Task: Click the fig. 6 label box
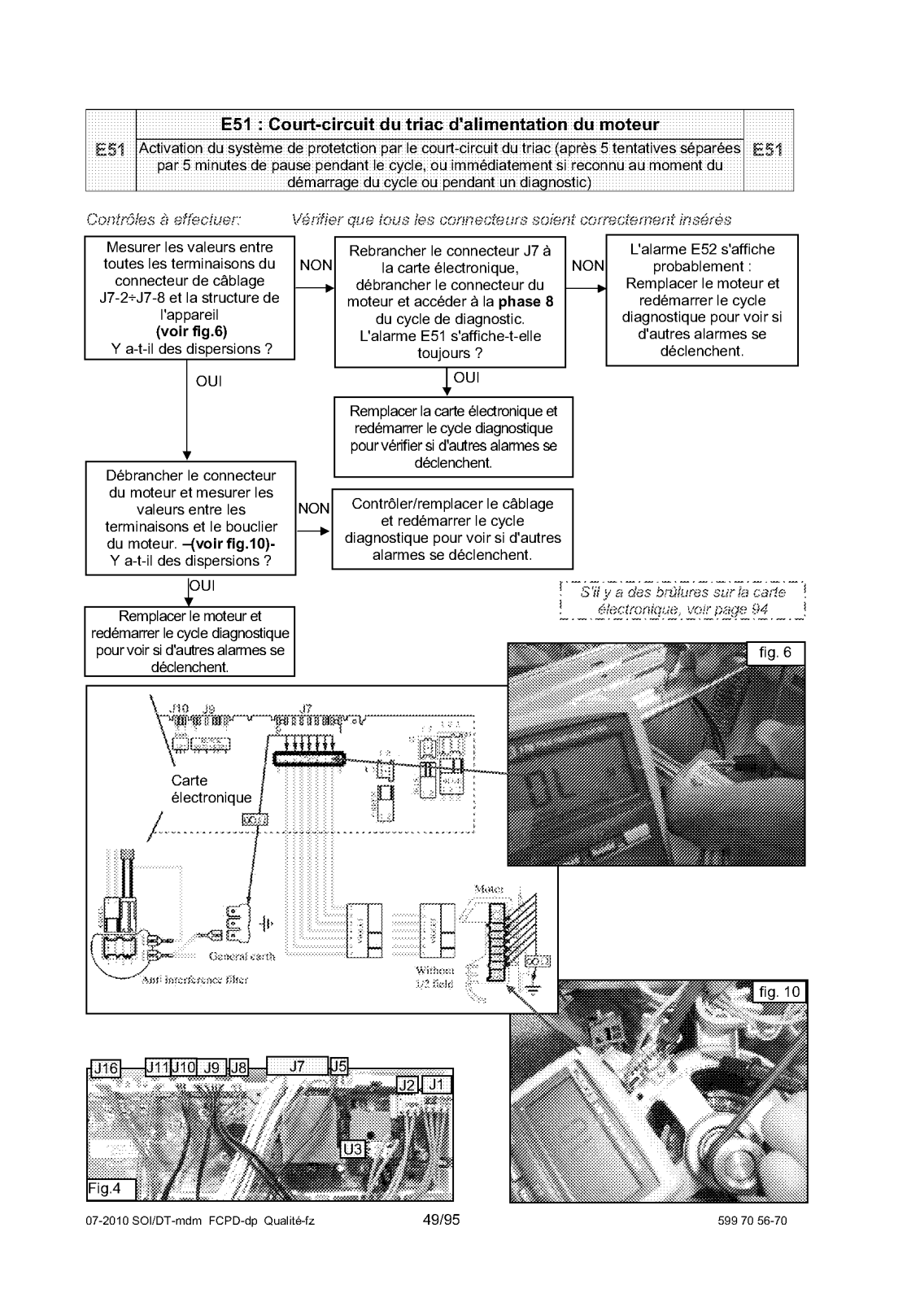tap(775, 653)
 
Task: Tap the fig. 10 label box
tap(779, 992)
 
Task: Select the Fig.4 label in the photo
tap(103, 1189)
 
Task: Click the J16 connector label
tap(105, 1068)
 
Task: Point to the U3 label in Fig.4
tap(353, 1148)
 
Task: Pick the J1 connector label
tap(437, 1084)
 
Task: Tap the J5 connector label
tap(338, 1066)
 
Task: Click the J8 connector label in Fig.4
tap(238, 1068)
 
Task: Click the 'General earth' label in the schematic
tap(242, 956)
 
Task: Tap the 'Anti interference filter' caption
tap(194, 981)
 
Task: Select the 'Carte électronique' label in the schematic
tap(211, 789)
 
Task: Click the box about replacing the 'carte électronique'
tap(453, 436)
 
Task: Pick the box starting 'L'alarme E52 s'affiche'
tap(702, 299)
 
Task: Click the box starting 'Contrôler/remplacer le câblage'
tap(452, 529)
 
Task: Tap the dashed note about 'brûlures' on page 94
tap(682, 601)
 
